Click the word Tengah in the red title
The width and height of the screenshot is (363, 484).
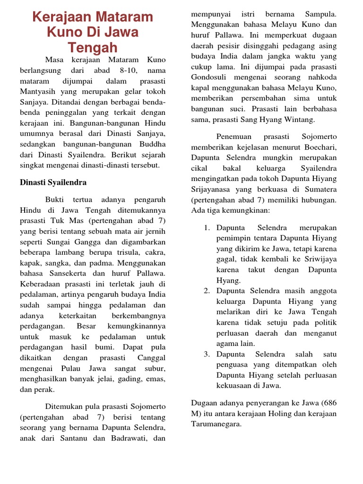[92, 48]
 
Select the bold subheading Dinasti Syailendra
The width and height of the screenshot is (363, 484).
[53, 182]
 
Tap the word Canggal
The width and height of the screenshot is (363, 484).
[151, 358]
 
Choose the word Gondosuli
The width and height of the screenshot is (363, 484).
[210, 78]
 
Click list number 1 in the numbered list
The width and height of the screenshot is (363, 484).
[207, 228]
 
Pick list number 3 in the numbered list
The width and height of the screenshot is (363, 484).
[207, 354]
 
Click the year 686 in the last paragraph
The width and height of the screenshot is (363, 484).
[329, 403]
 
